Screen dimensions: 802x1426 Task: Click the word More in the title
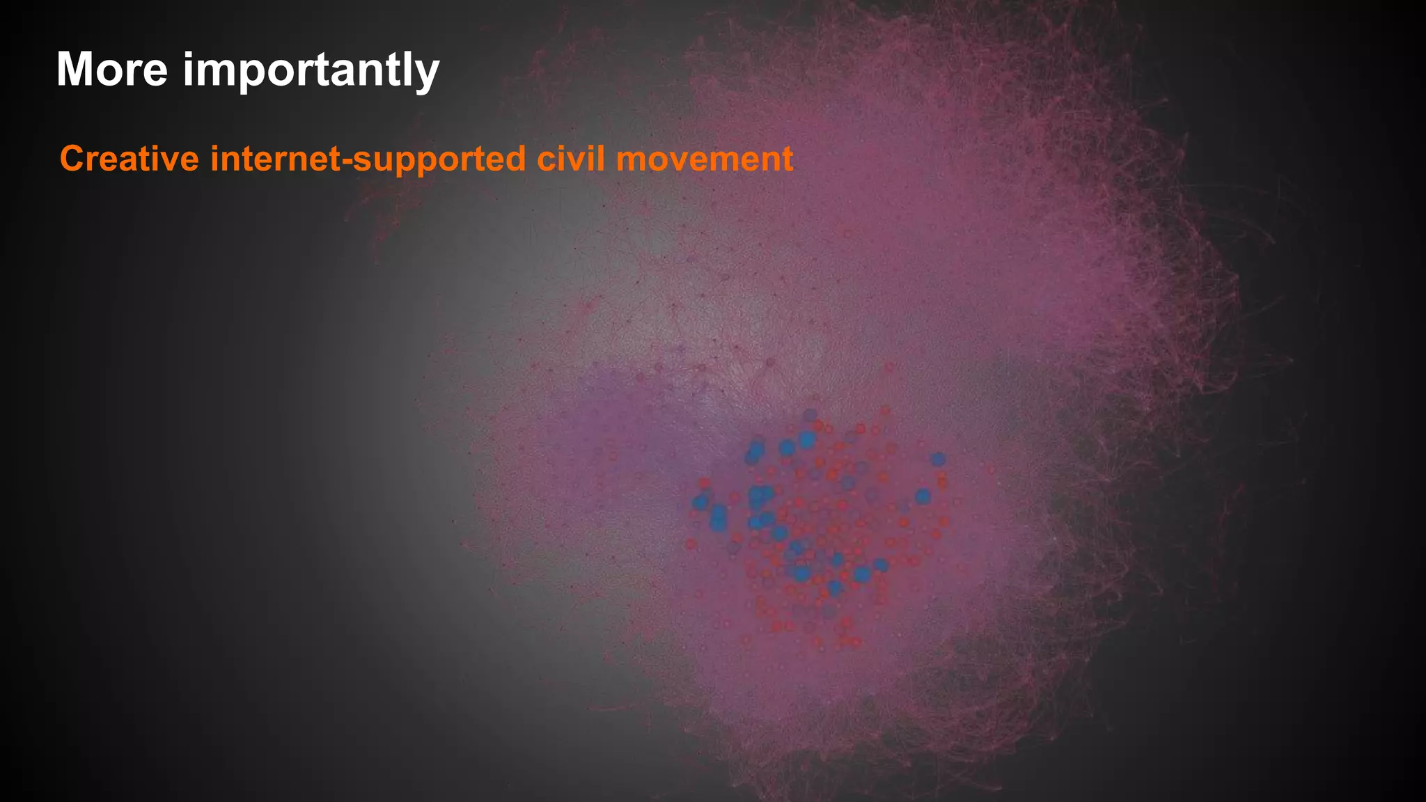[111, 70]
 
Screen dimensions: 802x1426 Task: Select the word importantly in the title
[311, 71]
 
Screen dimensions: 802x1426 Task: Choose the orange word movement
[705, 159]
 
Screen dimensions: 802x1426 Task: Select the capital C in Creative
[72, 159]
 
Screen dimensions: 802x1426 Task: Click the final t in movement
[787, 159]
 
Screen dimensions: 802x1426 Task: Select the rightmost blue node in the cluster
[938, 459]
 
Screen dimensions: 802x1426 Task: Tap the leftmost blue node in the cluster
[700, 502]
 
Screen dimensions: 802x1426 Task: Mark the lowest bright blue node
[834, 588]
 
